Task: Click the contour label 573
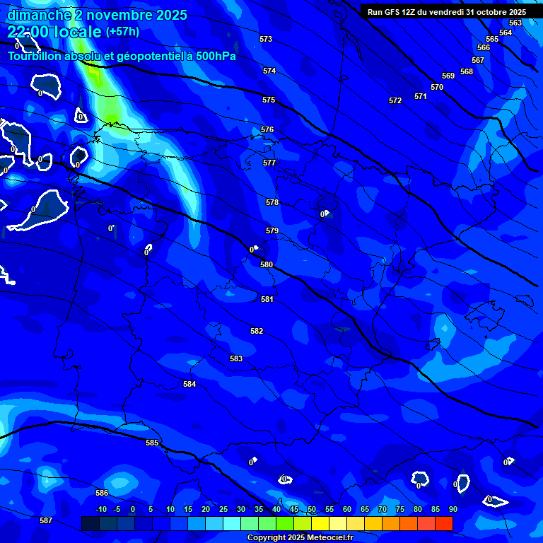coord(266,39)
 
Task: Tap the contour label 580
coord(267,264)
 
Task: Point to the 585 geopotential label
coord(152,443)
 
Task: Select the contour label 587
coord(46,520)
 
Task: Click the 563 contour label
coord(515,23)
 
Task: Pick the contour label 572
coord(395,101)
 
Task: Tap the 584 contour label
coord(189,384)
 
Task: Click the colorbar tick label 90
coord(452,510)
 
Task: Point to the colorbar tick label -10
coord(100,510)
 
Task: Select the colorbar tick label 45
coord(294,510)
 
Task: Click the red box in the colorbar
coord(444,523)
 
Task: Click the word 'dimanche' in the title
coord(39,15)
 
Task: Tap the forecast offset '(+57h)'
coord(122,32)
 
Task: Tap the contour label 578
coord(272,203)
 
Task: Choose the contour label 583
coord(236,358)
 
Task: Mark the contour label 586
coord(102,493)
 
